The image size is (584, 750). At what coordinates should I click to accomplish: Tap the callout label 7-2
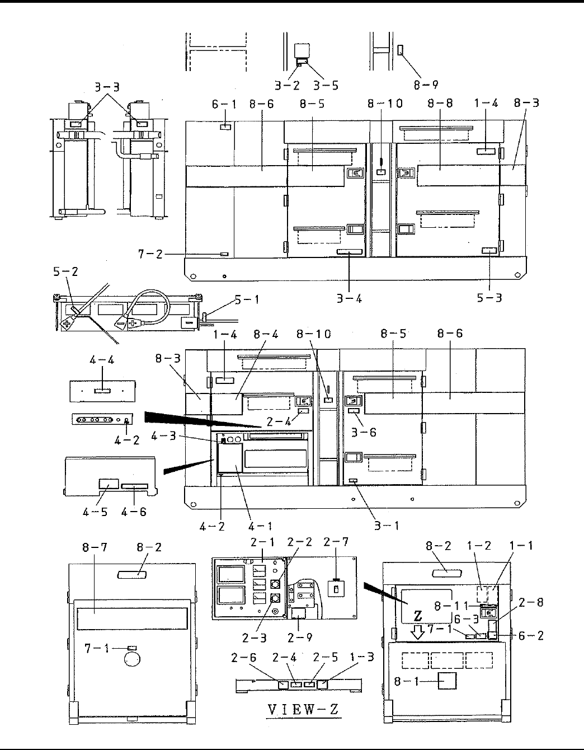(150, 255)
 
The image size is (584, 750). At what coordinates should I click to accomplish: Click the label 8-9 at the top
(426, 85)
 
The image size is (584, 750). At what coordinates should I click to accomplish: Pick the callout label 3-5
(325, 85)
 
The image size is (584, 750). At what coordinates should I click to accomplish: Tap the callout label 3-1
(387, 526)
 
